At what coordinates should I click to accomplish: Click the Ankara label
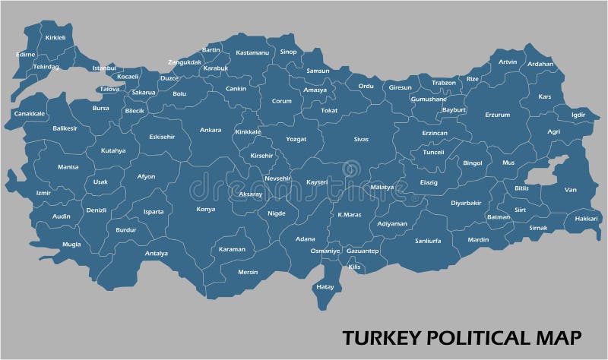pyautogui.click(x=211, y=130)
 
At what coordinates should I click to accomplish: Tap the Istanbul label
pyautogui.click(x=104, y=68)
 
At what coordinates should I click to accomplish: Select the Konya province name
pyautogui.click(x=205, y=209)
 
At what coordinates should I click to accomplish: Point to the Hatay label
pyautogui.click(x=325, y=287)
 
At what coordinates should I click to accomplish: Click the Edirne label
pyautogui.click(x=26, y=54)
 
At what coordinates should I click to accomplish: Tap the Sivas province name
pyautogui.click(x=361, y=139)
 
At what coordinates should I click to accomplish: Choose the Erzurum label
pyautogui.click(x=498, y=115)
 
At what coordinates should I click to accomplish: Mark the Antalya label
pyautogui.click(x=156, y=253)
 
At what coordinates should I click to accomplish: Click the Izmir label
pyautogui.click(x=43, y=193)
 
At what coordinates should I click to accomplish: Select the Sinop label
pyautogui.click(x=289, y=52)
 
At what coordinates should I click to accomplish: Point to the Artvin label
pyautogui.click(x=508, y=62)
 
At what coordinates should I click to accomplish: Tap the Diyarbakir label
pyautogui.click(x=467, y=203)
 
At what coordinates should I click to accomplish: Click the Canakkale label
pyautogui.click(x=30, y=113)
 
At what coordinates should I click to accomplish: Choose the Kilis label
pyautogui.click(x=354, y=267)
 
